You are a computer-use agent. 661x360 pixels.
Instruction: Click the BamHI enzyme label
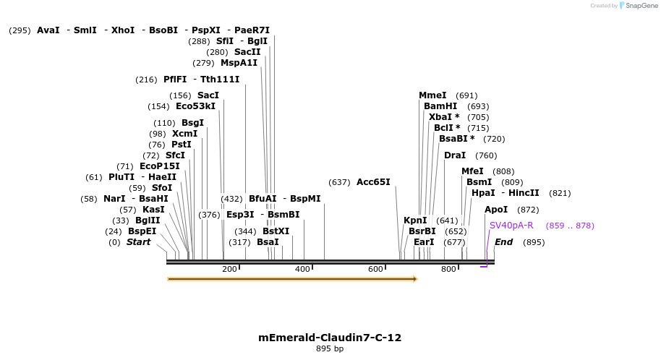440,106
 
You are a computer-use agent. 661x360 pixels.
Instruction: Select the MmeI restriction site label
432,95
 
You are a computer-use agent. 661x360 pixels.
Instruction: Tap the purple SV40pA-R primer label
511,226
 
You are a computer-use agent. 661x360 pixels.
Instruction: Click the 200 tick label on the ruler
229,269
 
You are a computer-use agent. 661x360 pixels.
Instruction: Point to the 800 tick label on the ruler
448,269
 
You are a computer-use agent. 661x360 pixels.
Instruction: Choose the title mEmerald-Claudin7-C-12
330,338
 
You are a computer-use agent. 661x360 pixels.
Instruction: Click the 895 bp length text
330,349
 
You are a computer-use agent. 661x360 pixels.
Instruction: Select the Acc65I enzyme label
373,182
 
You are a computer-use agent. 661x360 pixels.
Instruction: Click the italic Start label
138,242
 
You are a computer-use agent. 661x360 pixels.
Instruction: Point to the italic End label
503,242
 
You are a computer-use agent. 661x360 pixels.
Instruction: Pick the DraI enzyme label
455,155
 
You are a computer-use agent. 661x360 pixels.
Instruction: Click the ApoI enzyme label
496,210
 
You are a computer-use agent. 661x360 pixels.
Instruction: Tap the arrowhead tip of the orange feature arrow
417,278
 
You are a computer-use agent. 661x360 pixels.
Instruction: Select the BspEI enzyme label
142,231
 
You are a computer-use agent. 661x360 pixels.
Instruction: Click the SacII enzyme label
247,52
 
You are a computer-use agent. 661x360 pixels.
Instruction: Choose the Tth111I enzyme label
220,80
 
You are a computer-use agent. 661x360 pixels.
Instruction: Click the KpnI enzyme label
415,220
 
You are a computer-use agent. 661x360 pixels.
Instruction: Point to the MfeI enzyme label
472,171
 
